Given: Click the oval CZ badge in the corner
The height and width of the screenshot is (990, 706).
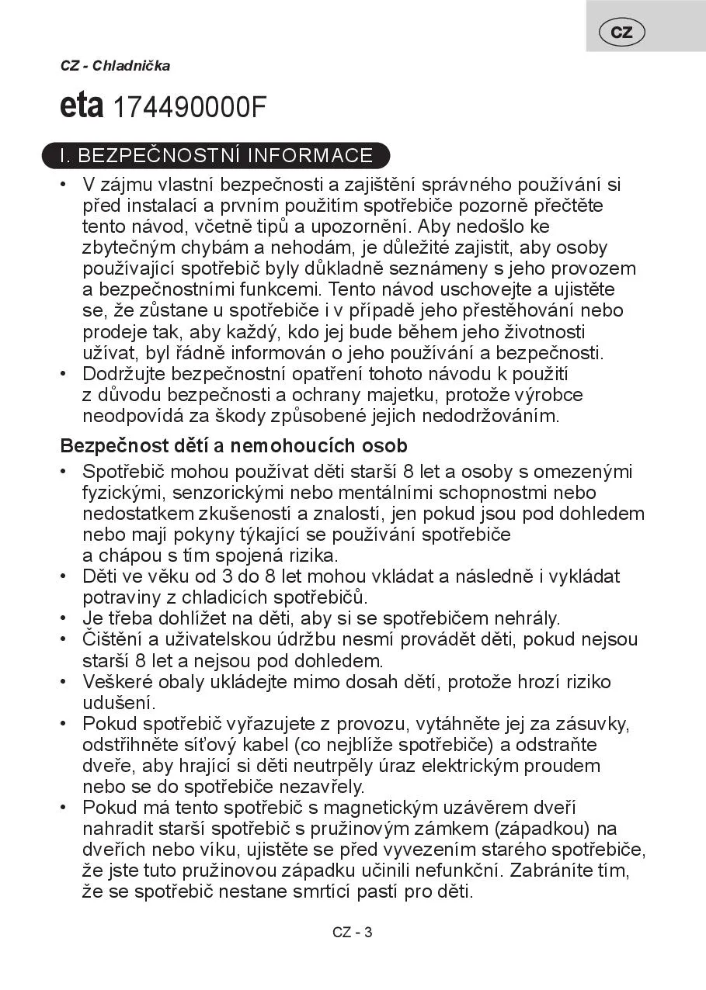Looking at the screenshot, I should pyautogui.click(x=621, y=32).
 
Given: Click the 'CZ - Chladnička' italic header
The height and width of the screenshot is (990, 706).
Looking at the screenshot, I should pyautogui.click(x=115, y=66).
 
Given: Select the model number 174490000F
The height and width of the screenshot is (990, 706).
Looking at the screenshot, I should pyautogui.click(x=190, y=109).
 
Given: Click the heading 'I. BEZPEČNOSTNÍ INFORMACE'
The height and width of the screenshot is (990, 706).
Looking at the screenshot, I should pyautogui.click(x=216, y=155).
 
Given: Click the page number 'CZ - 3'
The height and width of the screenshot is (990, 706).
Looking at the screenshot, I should pyautogui.click(x=353, y=933).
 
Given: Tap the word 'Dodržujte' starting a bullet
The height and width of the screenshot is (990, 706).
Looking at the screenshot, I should pyautogui.click(x=121, y=374).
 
